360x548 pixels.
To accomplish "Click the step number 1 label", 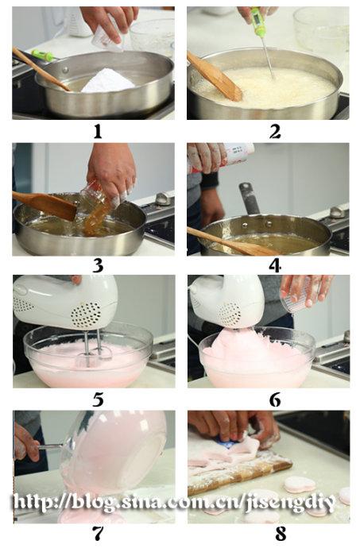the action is [x=98, y=131].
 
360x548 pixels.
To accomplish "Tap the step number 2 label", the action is [x=275, y=132].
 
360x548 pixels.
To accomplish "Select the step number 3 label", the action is [x=99, y=266].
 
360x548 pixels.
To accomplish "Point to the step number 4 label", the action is [x=275, y=266].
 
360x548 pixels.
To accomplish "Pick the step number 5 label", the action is [x=99, y=400].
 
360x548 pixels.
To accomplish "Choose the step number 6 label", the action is [x=275, y=400].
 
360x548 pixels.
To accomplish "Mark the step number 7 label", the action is [x=99, y=534].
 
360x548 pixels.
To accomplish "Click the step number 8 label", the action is [x=281, y=534].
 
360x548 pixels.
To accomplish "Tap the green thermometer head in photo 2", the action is [x=257, y=21].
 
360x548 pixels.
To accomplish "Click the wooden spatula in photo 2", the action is [x=214, y=77].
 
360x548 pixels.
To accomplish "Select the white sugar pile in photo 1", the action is [x=108, y=80].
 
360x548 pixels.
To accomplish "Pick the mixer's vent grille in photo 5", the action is [x=86, y=314].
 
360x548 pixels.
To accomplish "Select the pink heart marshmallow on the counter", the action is [x=300, y=484].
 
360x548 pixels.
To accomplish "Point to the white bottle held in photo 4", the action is [x=238, y=152].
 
